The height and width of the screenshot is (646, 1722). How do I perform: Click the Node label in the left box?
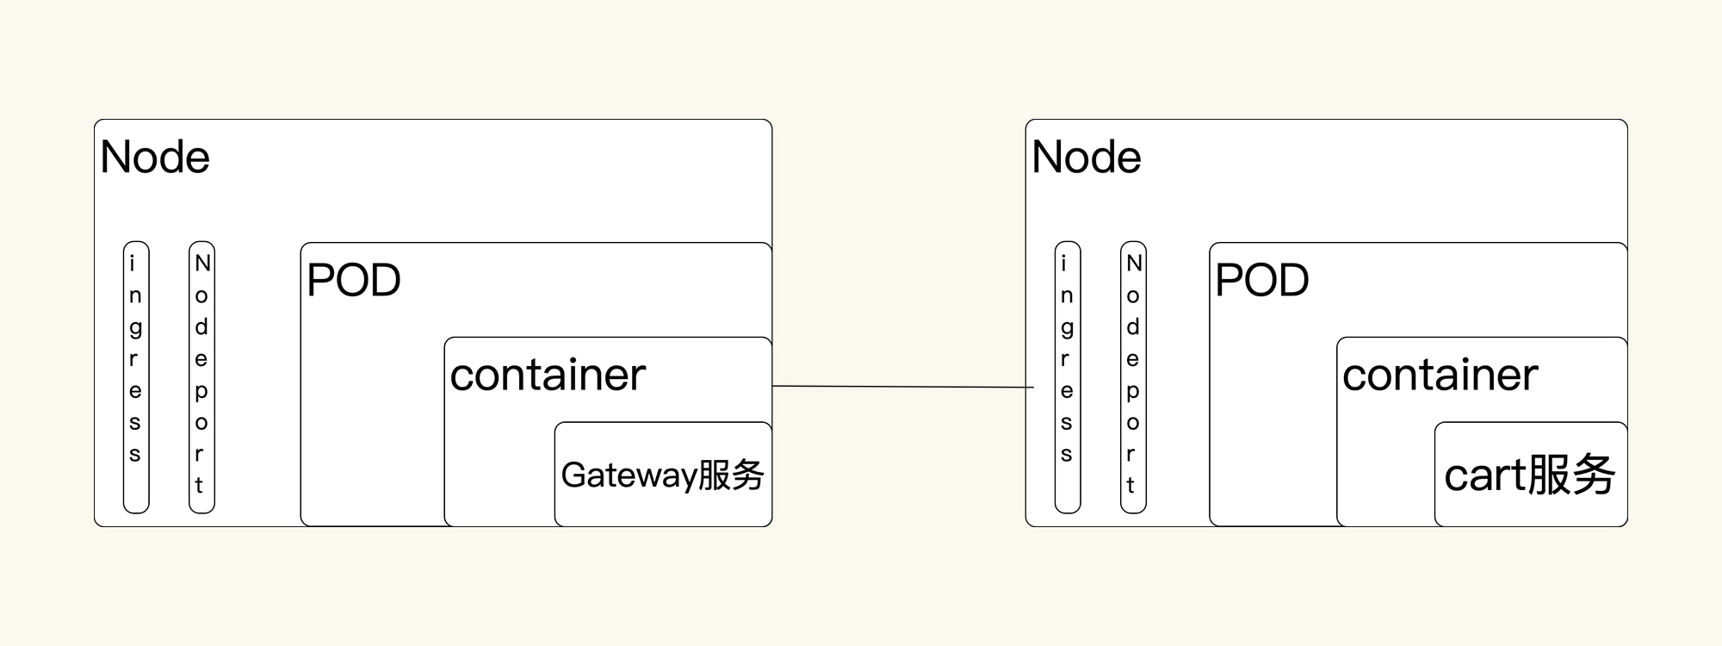155,158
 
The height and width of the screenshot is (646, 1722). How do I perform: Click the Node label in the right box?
1087,158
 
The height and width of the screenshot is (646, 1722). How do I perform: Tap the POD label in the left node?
354,281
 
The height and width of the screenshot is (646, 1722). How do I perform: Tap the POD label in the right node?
1262,281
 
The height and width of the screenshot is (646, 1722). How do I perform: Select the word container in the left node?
548,376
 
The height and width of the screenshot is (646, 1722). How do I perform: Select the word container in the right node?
1440,376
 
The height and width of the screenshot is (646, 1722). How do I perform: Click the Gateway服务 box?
663,475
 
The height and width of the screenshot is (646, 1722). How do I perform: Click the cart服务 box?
1530,475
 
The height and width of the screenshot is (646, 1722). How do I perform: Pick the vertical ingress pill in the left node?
136,377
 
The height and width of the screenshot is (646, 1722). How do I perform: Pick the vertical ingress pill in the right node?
1068,377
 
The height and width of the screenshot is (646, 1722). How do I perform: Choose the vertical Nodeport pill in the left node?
201,377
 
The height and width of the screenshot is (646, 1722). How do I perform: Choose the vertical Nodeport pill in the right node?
1133,377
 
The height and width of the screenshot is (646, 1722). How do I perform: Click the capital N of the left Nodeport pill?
202,263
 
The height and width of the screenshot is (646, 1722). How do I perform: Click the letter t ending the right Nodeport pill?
1131,486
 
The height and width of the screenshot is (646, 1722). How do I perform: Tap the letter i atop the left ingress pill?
133,263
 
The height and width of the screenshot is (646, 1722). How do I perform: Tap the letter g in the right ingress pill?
1067,328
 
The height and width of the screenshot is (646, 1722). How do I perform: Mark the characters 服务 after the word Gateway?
731,475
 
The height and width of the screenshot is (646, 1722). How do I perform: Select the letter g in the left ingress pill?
135,328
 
